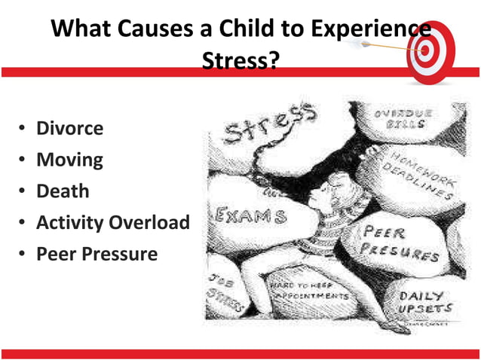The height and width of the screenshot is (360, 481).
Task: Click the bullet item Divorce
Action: (69, 128)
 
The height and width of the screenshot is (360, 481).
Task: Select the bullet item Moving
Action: (69, 160)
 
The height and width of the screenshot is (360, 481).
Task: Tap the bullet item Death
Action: (63, 191)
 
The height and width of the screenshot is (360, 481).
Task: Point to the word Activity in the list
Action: (70, 223)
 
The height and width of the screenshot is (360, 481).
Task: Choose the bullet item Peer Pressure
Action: (97, 254)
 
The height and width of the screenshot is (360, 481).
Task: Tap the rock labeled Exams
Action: (253, 217)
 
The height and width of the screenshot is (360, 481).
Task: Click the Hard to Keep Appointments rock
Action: (309, 294)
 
